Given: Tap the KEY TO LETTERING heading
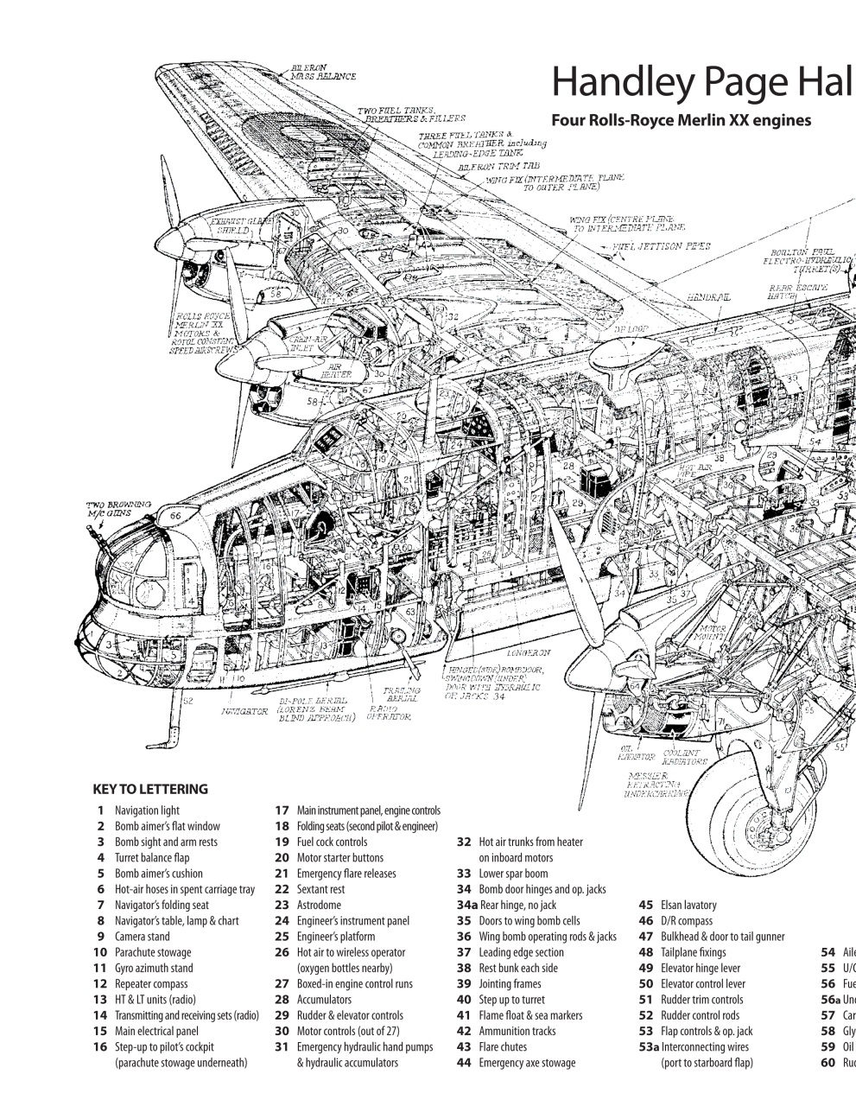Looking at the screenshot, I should coord(150,788).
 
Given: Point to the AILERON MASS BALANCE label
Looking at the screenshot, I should coord(323,72).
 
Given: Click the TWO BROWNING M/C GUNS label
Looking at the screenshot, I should coord(118,508).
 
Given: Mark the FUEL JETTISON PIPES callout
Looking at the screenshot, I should coord(662,246).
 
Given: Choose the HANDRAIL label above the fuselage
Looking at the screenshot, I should coord(708,296).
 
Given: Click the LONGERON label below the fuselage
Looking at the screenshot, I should coord(529,652).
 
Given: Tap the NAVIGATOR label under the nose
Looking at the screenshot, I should coord(244,711).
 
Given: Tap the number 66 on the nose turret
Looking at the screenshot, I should coord(176,516).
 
